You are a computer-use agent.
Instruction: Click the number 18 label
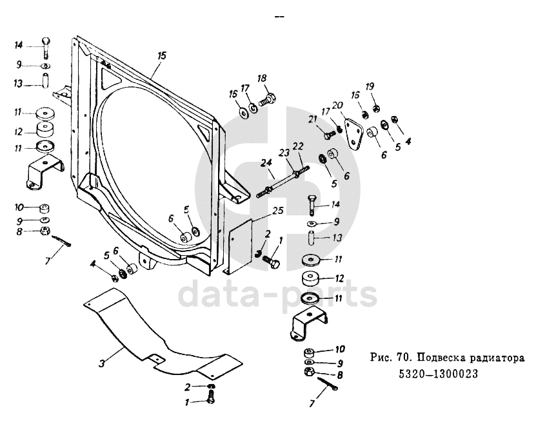point(262,79)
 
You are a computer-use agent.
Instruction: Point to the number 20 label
point(338,106)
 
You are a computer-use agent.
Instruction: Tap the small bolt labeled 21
point(330,135)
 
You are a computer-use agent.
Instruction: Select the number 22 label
point(298,148)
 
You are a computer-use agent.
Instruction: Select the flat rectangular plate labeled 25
point(240,245)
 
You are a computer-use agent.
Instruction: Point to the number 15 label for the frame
point(161,56)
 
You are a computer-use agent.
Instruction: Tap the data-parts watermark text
point(277,294)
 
